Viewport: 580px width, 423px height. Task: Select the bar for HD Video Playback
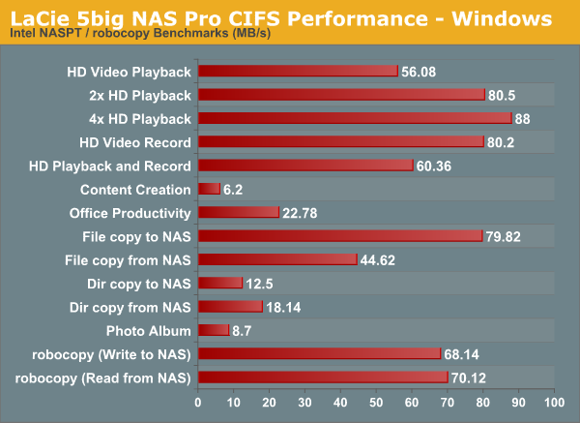coord(298,71)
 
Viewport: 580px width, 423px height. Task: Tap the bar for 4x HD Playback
coord(355,118)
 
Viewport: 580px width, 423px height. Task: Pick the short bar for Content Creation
coord(209,189)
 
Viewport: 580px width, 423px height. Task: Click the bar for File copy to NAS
coord(340,236)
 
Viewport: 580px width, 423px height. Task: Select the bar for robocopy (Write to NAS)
coord(319,353)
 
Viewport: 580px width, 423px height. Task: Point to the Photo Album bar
coord(214,330)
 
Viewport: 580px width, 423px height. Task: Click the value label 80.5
coord(506,95)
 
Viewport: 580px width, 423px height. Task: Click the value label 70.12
coord(473,378)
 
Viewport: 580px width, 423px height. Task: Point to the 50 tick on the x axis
coord(376,402)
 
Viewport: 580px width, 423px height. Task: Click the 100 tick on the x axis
coord(554,402)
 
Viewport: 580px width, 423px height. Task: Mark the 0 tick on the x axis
coord(198,402)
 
